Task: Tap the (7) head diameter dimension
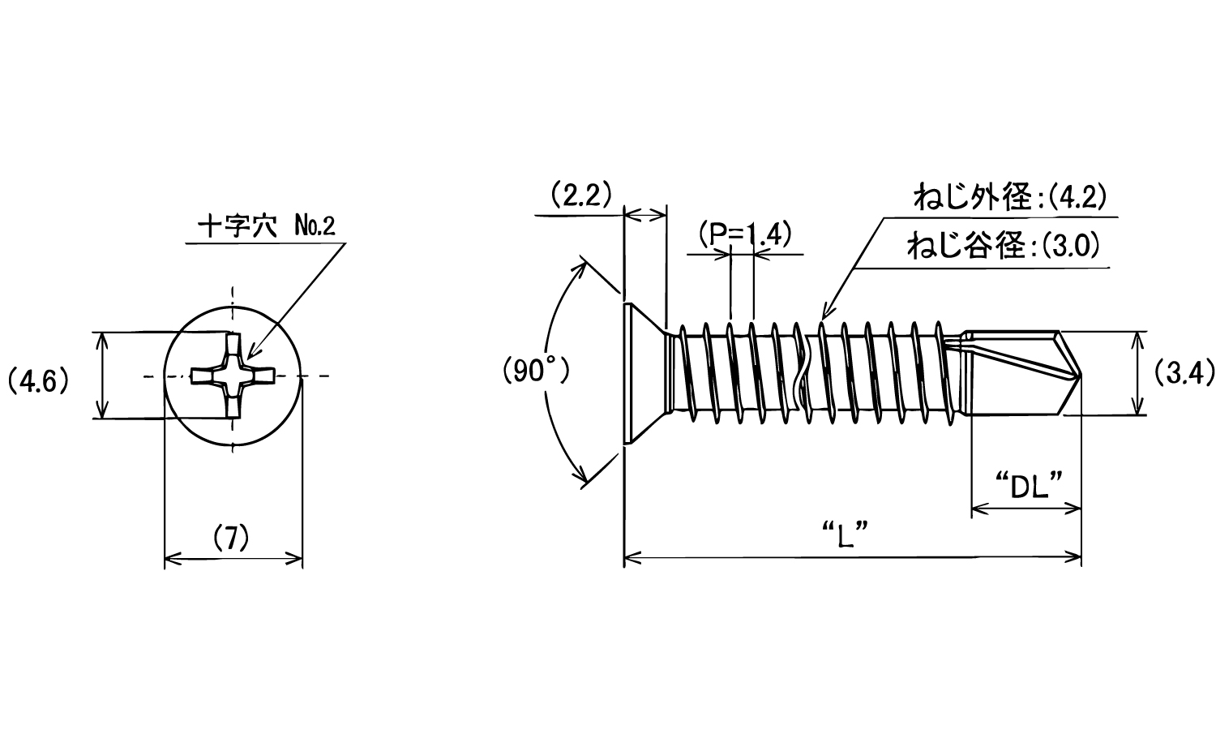231,538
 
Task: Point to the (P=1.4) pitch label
745,234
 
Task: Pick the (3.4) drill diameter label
1184,374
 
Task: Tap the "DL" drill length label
1029,486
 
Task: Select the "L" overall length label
846,535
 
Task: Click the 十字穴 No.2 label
267,225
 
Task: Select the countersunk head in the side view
646,374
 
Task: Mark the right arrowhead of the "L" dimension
1073,556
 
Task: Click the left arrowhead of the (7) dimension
173,558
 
